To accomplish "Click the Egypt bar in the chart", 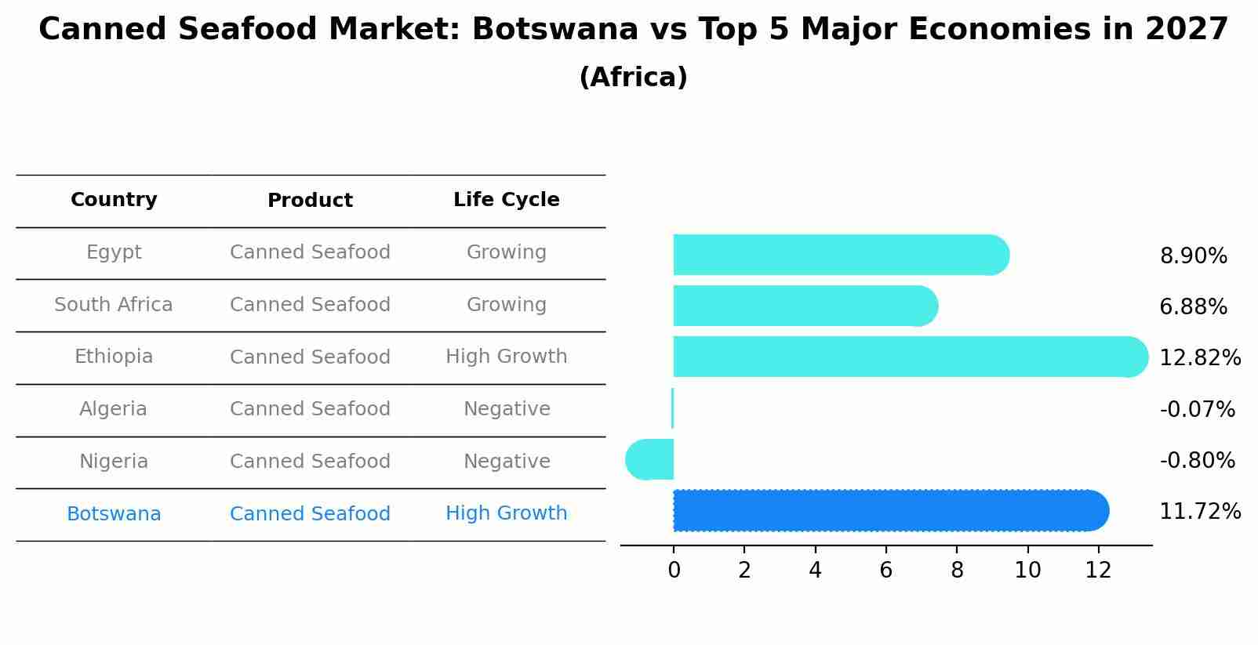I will point(839,255).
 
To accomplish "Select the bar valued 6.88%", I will point(804,306).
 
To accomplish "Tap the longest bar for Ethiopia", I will point(910,357).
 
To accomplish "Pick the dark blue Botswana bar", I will point(890,510).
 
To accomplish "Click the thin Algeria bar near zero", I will point(672,408).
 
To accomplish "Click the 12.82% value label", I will point(1199,358).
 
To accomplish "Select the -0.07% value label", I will point(1197,409).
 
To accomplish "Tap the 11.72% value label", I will point(1199,512).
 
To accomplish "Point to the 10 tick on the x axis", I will point(1027,571).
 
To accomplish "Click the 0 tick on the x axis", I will point(674,571).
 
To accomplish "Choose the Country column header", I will point(114,200).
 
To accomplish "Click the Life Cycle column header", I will point(506,200).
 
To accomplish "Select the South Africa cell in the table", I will point(114,305).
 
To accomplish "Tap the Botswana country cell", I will point(114,514).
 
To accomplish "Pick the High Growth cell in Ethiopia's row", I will point(506,357).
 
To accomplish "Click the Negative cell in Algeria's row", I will point(506,409).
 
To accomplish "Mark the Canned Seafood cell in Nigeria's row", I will point(310,462).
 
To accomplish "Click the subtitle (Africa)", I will point(633,78).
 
